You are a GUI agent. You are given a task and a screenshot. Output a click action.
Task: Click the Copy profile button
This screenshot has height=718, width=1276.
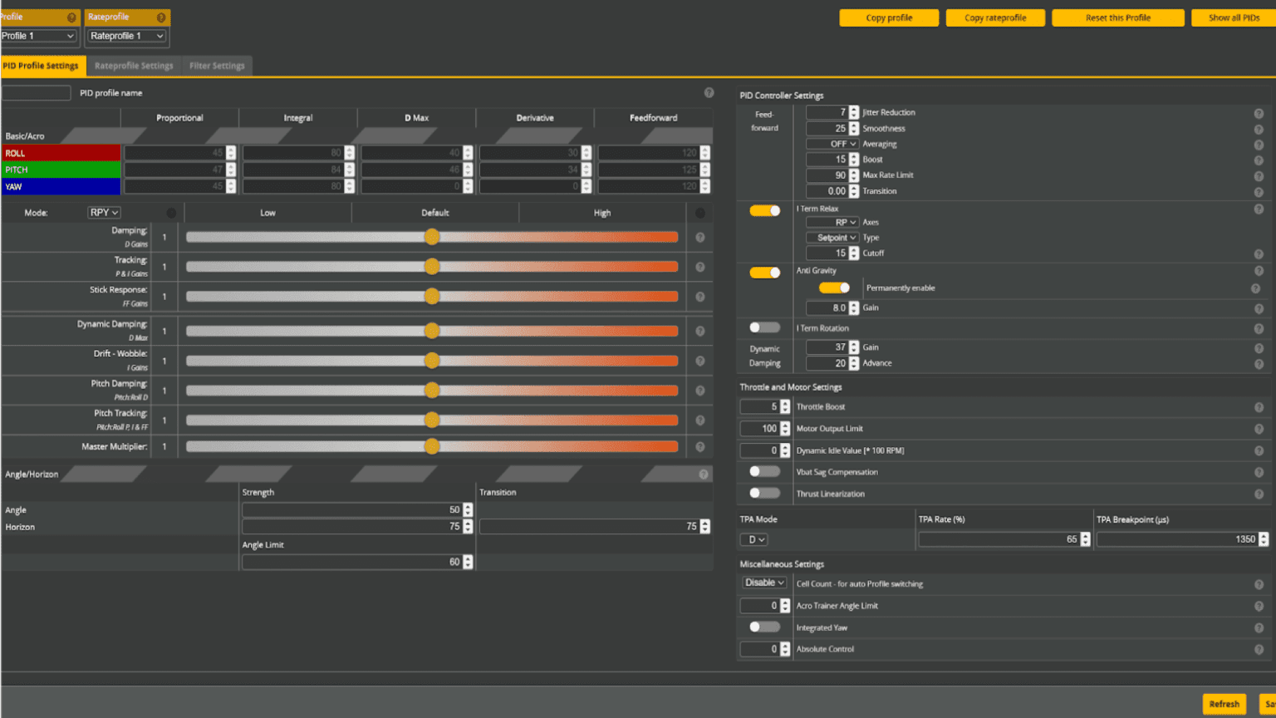(889, 17)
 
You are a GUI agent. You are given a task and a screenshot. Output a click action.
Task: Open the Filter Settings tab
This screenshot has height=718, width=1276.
(217, 66)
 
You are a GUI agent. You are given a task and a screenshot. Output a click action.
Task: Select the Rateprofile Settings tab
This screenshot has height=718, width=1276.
(134, 66)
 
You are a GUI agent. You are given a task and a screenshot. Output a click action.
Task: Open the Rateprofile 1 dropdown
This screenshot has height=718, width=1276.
(127, 36)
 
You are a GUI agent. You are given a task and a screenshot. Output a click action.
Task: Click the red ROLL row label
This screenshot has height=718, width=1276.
(61, 153)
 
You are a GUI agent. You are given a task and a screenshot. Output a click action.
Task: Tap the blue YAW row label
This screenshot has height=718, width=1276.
(61, 186)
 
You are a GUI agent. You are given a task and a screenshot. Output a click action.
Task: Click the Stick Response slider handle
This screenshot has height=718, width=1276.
(432, 297)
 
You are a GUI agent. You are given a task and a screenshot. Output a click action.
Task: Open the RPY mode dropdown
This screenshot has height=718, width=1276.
(104, 213)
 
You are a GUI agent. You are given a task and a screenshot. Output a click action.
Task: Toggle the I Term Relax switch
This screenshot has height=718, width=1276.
(764, 210)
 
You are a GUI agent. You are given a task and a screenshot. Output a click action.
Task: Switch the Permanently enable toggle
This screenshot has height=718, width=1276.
(834, 288)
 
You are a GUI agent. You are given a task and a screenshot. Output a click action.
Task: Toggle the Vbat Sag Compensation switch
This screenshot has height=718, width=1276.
(764, 471)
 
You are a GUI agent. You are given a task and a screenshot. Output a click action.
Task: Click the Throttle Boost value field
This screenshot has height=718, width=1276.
(759, 406)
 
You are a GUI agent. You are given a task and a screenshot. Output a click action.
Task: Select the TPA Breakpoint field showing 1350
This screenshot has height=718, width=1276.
(1176, 539)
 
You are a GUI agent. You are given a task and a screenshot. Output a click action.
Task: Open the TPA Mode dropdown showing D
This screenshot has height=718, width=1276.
(753, 539)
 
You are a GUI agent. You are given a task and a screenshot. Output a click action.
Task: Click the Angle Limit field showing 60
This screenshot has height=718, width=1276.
(352, 562)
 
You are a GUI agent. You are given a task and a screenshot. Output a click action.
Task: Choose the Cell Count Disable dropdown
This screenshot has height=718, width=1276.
(764, 583)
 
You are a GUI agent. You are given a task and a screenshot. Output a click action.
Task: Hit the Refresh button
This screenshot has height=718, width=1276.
(1224, 704)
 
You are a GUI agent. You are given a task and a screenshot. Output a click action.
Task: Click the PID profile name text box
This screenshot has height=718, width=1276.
(37, 93)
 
